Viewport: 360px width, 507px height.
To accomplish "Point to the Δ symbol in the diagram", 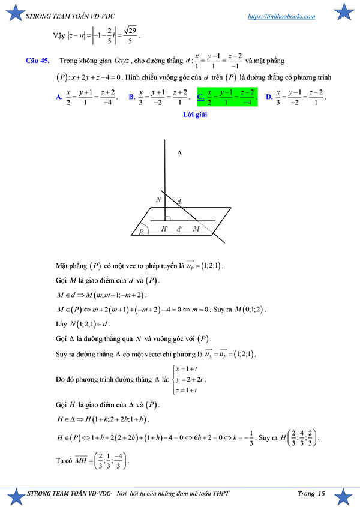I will pyautogui.click(x=179, y=154).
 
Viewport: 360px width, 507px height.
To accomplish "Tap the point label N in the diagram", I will pyautogui.click(x=158, y=199).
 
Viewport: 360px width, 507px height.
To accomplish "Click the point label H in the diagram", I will pyautogui.click(x=164, y=229).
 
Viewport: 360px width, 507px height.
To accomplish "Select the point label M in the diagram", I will pyautogui.click(x=196, y=229).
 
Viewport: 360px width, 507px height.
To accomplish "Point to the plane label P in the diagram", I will pyautogui.click(x=142, y=230).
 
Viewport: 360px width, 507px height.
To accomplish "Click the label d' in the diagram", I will pyautogui.click(x=179, y=229).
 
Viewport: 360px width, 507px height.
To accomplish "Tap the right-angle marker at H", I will pyautogui.click(x=169, y=219).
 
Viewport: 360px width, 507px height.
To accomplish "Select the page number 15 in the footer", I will pyautogui.click(x=322, y=494).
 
